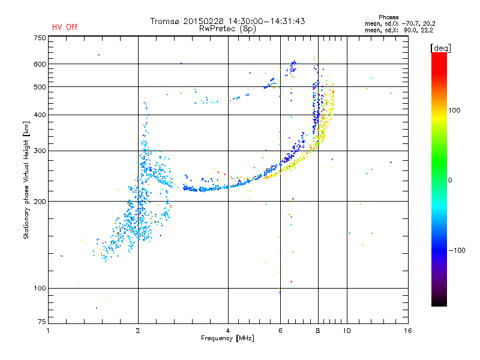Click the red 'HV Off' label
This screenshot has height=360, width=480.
65,27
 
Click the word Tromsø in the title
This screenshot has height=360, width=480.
166,21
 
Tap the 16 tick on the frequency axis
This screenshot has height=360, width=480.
407,331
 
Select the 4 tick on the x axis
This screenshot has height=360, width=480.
228,331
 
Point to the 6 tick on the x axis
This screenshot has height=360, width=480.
280,331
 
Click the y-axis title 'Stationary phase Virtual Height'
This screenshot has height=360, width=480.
26,181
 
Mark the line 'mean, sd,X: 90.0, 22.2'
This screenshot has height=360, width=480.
399,30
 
